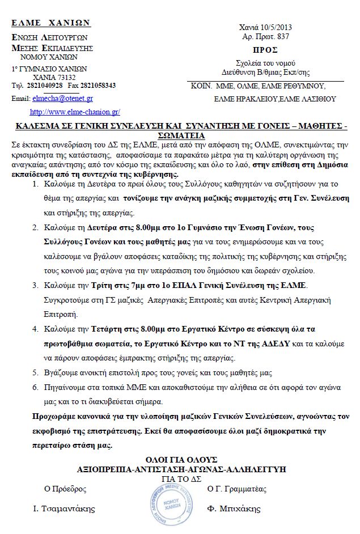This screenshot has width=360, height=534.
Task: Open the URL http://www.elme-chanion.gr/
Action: (75, 112)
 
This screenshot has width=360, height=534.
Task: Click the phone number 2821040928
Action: (45, 86)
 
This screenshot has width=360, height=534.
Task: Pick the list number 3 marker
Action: (35, 284)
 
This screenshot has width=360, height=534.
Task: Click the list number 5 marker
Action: (35, 372)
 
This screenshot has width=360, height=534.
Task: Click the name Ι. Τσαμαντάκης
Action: (63, 508)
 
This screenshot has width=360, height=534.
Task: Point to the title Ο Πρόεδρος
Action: (65, 489)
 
